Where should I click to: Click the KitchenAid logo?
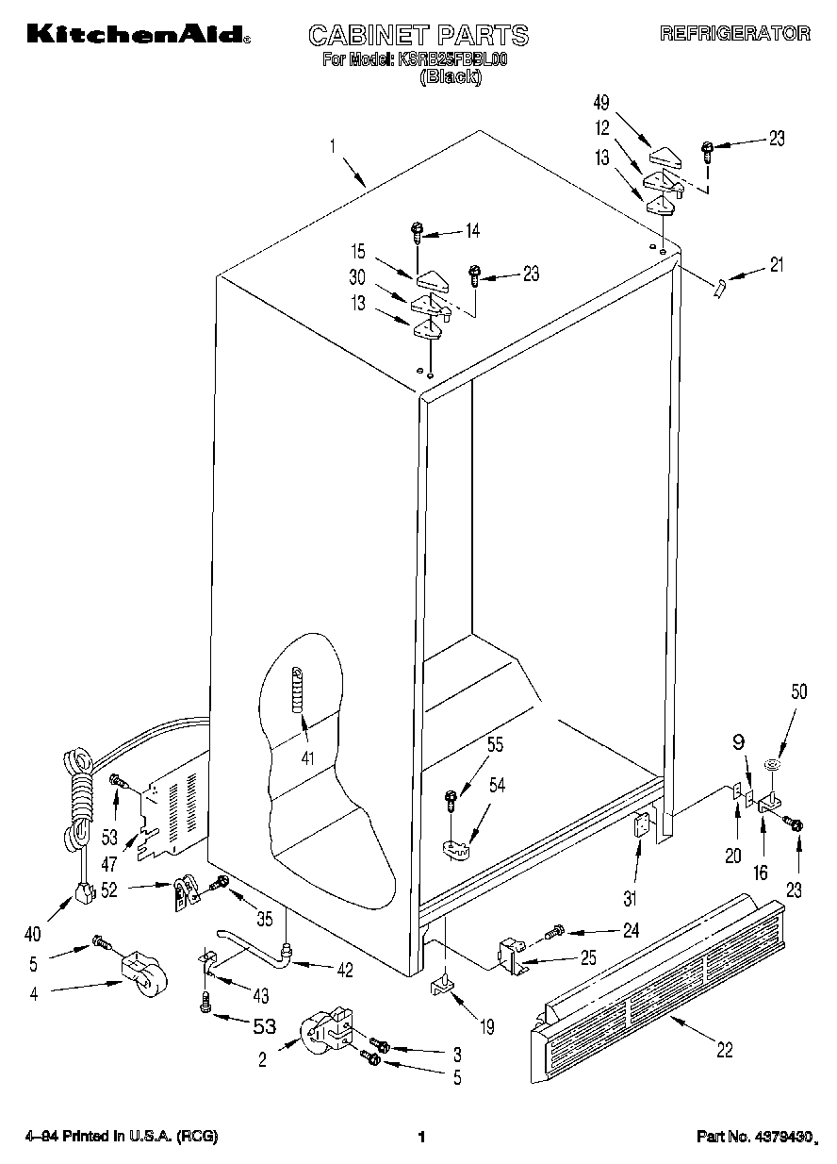pos(138,34)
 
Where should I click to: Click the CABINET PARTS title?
pos(418,36)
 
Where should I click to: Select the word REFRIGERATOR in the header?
pos(734,33)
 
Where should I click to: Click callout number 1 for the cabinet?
pos(334,146)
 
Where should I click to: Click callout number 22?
pos(724,1049)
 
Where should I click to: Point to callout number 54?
pos(496,785)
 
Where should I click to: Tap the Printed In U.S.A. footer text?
pos(123,1138)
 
